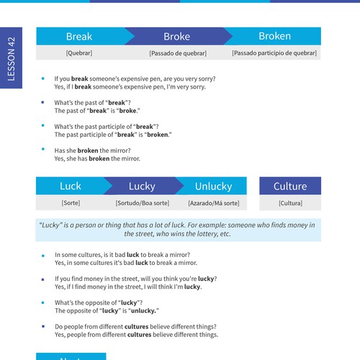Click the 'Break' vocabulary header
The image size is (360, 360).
tap(79, 37)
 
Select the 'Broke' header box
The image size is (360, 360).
tap(176, 37)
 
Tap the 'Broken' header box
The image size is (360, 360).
tap(274, 36)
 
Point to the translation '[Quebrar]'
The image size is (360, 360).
tap(79, 53)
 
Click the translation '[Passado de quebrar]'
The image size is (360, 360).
tap(177, 53)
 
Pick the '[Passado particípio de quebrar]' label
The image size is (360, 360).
tap(276, 53)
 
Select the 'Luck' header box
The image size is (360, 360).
tap(71, 186)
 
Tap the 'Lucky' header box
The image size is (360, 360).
tap(142, 186)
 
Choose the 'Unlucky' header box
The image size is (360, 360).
tap(213, 186)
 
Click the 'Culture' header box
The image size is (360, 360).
tap(290, 186)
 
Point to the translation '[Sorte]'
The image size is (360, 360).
tap(71, 204)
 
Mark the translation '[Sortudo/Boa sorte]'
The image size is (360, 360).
tap(142, 204)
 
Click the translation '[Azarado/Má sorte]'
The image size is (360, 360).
tap(213, 204)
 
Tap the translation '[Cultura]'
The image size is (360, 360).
tap(290, 204)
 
